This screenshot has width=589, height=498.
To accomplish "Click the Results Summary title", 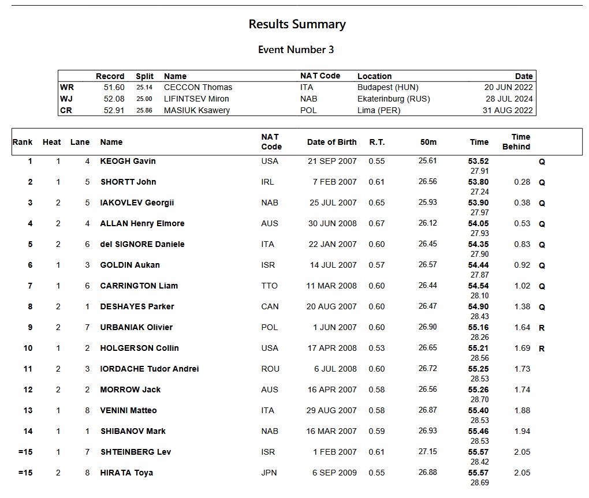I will [297, 24].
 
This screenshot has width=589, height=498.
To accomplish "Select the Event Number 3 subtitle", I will [296, 50].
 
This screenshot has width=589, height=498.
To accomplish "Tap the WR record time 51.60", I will [114, 87].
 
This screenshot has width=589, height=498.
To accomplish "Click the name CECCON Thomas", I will [198, 87].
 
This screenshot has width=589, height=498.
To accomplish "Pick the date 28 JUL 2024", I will [508, 99].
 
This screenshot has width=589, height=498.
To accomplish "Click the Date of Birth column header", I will [331, 142].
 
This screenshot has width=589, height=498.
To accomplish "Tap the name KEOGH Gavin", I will [128, 161].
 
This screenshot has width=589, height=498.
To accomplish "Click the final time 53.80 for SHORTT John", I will [478, 182].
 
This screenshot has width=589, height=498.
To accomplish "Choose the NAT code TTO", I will [269, 286].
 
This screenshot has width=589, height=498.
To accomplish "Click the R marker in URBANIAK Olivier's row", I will [542, 328].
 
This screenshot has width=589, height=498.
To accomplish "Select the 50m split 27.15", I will [427, 452].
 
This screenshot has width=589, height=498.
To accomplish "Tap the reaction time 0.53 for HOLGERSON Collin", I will [376, 348].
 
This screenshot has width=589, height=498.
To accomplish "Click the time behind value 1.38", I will [521, 306].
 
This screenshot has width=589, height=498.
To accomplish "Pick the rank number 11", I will [28, 369].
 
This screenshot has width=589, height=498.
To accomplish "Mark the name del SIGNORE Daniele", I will [142, 244].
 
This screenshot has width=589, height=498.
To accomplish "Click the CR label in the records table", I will [66, 110].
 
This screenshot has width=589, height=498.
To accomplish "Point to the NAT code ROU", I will [270, 369].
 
